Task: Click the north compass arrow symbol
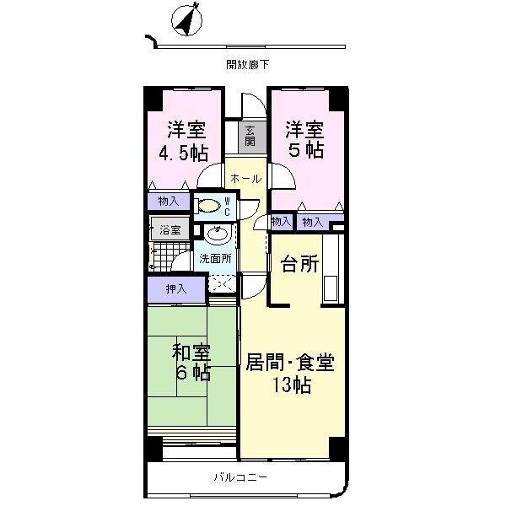coord(187,22)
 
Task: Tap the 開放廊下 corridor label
coord(246,64)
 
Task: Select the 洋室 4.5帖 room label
coord(185,141)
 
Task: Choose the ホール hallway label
coord(245,179)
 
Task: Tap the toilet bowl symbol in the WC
coord(207,204)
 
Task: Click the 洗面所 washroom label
coord(215,259)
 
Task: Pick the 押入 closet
coord(176,289)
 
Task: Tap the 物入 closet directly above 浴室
coord(168,201)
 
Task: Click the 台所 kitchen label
coord(299,264)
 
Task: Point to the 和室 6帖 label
coord(192,363)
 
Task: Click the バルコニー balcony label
coord(240,478)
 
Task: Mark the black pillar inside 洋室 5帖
coord(336,99)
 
